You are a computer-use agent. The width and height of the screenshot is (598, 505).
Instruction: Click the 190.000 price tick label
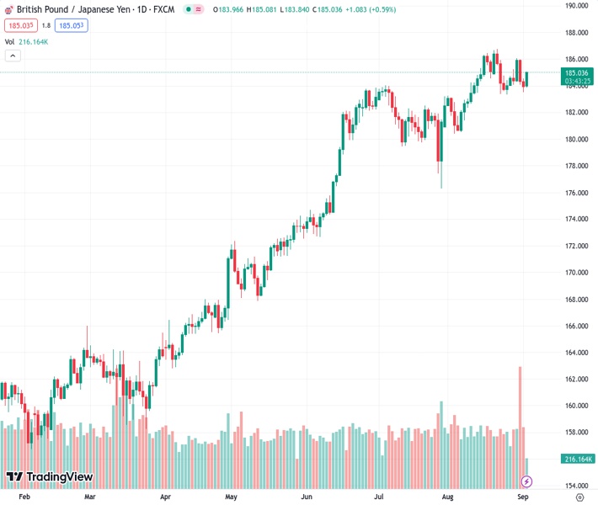(576, 6)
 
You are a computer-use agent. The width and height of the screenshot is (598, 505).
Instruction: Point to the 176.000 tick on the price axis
(576, 193)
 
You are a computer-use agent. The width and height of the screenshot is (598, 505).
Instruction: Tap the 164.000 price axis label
(576, 353)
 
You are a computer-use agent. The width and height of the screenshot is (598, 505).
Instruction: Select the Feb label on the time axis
(24, 497)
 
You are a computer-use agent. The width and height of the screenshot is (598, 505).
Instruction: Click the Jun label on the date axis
(307, 497)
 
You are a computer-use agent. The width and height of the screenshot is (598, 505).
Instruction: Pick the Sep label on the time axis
(521, 497)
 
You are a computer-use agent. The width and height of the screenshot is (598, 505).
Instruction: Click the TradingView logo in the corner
(49, 477)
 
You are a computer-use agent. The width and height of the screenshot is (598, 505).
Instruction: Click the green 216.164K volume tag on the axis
(578, 459)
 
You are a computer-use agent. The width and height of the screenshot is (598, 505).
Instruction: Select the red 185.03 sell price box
(19, 25)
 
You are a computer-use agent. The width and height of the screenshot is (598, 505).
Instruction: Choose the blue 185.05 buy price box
(71, 25)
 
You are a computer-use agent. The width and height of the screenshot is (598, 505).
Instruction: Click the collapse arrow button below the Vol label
(13, 56)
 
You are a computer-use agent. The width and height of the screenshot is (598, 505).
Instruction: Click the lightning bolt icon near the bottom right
(526, 481)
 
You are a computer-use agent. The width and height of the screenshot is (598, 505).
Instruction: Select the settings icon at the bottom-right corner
(579, 497)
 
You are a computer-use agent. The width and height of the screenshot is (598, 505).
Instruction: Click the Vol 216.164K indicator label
(27, 41)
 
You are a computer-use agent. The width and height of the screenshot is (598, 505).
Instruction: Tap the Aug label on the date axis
(448, 497)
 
